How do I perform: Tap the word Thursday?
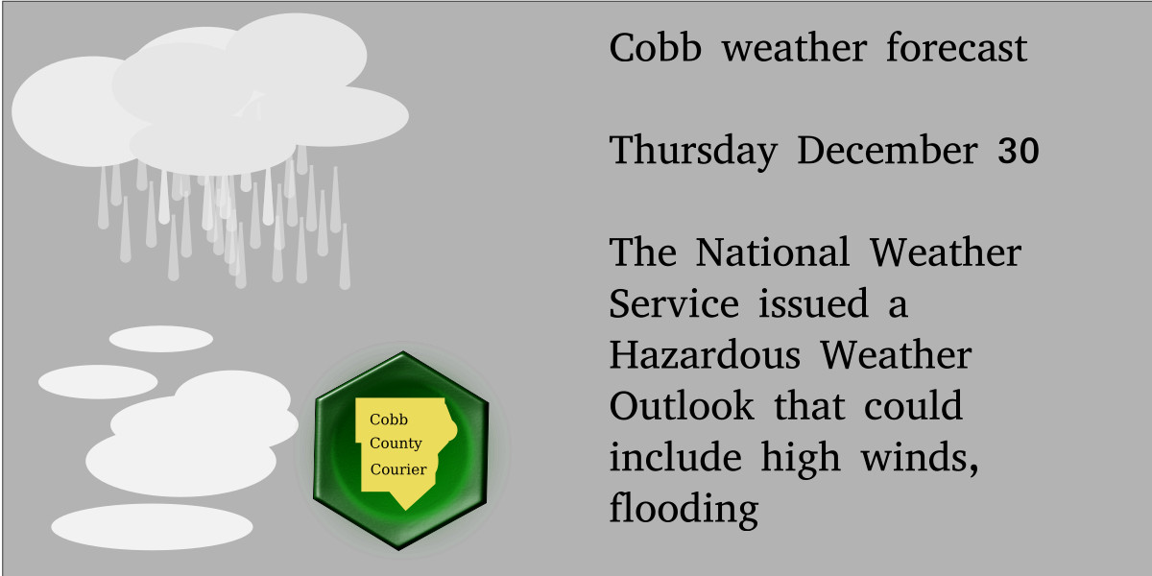(693, 152)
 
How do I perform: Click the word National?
(773, 254)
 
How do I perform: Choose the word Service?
(674, 305)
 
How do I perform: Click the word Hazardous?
(705, 356)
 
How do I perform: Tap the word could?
(913, 407)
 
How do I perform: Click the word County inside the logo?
(396, 444)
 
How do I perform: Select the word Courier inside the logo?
(398, 469)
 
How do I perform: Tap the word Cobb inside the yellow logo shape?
(388, 420)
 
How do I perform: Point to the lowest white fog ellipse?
(152, 526)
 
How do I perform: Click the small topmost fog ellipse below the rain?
(160, 339)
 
